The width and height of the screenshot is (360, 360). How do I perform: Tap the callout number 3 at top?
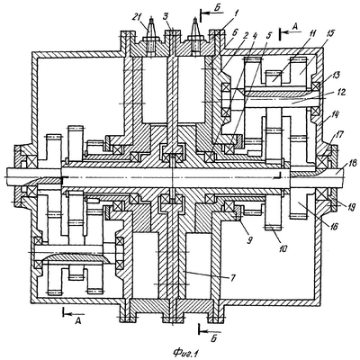[165, 16]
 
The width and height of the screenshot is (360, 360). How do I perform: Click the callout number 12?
[341, 93]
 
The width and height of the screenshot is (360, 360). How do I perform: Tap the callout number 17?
[339, 134]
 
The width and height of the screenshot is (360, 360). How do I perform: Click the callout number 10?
[283, 248]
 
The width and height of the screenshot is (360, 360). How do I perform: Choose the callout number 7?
[231, 278]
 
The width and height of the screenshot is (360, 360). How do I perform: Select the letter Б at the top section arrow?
[218, 9]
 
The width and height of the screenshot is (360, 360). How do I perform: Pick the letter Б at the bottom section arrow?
[213, 338]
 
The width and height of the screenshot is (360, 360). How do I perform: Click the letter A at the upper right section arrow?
[295, 26]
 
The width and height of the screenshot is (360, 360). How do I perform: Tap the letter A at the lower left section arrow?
[78, 321]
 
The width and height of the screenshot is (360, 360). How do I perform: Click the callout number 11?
[312, 33]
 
